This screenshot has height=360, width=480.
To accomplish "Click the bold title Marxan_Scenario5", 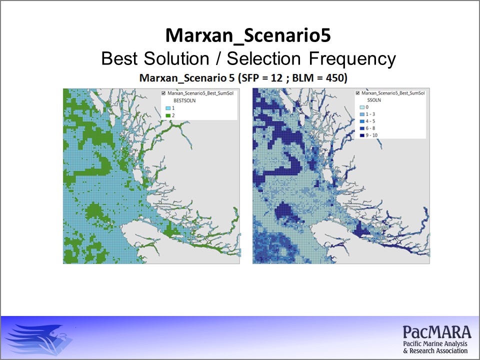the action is [x=248, y=35].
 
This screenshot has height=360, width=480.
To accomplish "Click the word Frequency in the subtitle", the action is [x=352, y=59].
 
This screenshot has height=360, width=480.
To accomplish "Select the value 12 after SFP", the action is [x=276, y=78].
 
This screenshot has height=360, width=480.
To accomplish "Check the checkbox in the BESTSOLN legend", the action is [x=163, y=93].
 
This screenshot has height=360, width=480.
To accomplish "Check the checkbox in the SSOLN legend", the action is [x=357, y=93].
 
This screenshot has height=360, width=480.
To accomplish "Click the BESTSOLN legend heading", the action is [x=184, y=100].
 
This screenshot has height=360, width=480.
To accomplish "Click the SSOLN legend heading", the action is [x=374, y=100].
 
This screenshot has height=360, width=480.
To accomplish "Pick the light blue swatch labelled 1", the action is [x=168, y=108].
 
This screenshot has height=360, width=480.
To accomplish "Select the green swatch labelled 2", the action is [x=168, y=115].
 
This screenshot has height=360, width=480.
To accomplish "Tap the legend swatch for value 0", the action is [x=362, y=107].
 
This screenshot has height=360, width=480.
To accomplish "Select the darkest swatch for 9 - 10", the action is [x=362, y=135].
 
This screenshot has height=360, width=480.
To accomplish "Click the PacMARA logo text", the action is [x=437, y=332].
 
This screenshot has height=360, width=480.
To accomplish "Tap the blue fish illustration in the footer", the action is [x=39, y=339].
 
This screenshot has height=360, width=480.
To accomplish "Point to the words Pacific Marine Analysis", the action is [x=435, y=344].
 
